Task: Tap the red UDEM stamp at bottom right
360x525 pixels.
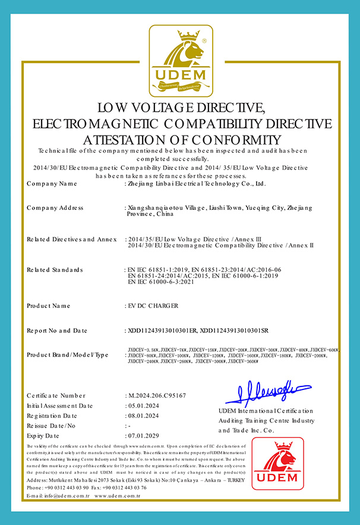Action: (x=282, y=463)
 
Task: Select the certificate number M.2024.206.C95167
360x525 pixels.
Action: (x=157, y=395)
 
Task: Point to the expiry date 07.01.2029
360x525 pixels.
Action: (x=145, y=436)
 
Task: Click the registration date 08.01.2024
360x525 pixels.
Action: (x=145, y=416)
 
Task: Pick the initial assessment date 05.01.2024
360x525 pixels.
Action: (x=145, y=405)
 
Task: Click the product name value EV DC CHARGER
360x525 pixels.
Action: (x=153, y=306)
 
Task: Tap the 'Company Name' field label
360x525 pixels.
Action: (x=52, y=184)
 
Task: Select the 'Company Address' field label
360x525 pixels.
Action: (x=55, y=208)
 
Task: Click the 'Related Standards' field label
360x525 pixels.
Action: (x=55, y=270)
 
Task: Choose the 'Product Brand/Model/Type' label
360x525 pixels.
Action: (x=68, y=355)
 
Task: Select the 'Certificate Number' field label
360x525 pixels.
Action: (x=56, y=395)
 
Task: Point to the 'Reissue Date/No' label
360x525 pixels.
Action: (x=52, y=426)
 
